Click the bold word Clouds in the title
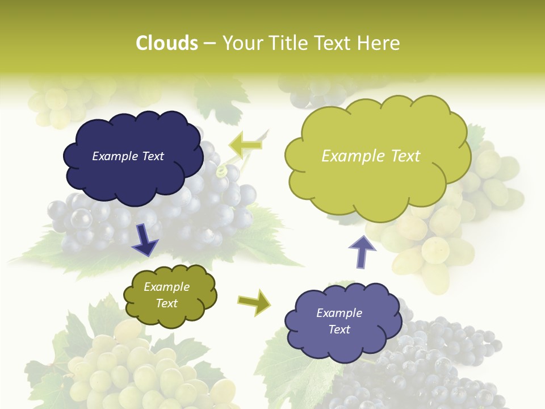pos(167,43)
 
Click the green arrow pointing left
pos(246,145)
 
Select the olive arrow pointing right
pos(254,301)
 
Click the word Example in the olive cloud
pos(166,287)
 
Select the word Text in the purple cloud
pos(339,329)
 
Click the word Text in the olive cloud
pos(166,303)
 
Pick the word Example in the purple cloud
pos(339,313)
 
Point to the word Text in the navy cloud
pos(152,156)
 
